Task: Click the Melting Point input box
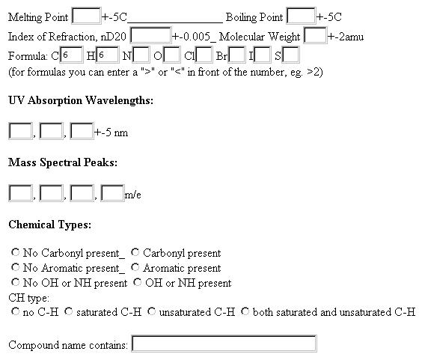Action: pos(86,16)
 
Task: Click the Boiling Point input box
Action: pos(301,16)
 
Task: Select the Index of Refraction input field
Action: pos(150,35)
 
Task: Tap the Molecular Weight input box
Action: pos(315,35)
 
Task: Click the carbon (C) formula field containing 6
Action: pos(71,55)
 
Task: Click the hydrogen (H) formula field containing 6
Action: pos(107,55)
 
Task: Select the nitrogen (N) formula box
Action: pos(141,55)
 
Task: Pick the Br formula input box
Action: pos(237,55)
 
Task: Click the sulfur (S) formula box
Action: pos(290,55)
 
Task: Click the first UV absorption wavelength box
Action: pos(20,131)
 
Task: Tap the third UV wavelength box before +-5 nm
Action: pos(82,131)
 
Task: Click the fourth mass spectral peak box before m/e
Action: pos(112,193)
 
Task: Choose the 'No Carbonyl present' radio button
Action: pos(16,252)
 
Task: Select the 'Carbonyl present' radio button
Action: pos(135,252)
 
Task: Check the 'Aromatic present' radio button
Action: pos(135,267)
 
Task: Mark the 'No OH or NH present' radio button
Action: pos(16,282)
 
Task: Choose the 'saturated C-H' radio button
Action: pos(69,311)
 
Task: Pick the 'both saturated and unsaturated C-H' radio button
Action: pos(245,311)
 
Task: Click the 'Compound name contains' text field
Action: pos(224,344)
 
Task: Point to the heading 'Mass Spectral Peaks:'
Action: pos(63,162)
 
